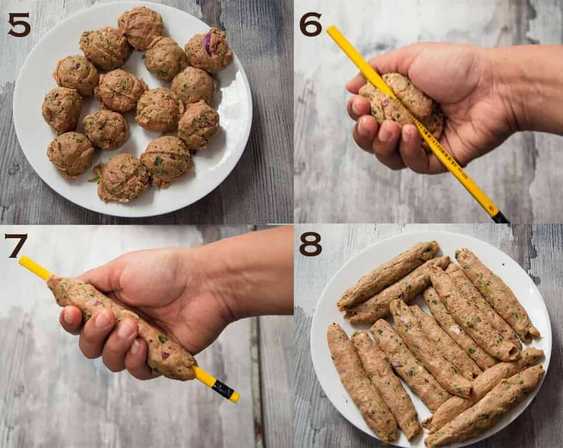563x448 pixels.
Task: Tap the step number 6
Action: pyautogui.click(x=310, y=24)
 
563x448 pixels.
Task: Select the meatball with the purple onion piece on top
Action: pyautogui.click(x=209, y=50)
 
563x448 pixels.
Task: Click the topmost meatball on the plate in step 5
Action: pyautogui.click(x=141, y=27)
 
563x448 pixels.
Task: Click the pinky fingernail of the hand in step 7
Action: pyautogui.click(x=69, y=317)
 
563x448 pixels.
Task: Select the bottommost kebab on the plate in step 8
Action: pyautogui.click(x=486, y=408)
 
